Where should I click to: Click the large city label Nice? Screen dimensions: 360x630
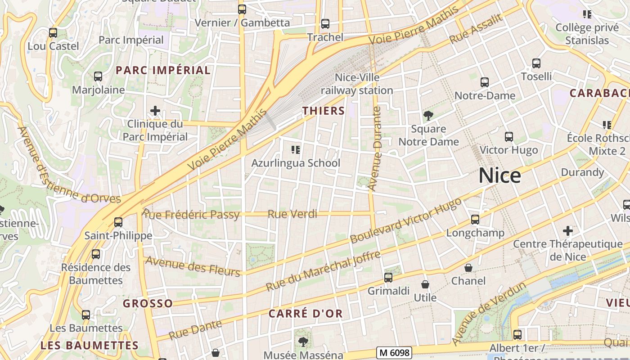(x=499, y=175)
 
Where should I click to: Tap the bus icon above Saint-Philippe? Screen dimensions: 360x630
(x=118, y=222)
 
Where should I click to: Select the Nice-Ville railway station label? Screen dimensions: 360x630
(x=357, y=84)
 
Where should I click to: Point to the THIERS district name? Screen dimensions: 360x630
(x=324, y=111)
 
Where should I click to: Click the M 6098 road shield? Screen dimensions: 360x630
(x=394, y=352)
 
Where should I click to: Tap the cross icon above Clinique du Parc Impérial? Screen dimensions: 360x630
(x=155, y=111)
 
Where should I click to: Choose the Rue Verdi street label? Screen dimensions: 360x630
(x=292, y=214)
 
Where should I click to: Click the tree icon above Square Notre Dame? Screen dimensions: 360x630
(x=428, y=116)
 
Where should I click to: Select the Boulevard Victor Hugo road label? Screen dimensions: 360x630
(x=406, y=220)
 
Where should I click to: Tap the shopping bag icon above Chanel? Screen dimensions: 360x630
(x=468, y=268)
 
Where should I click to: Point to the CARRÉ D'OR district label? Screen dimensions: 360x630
(x=306, y=314)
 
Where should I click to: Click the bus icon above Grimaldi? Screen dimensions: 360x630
(x=388, y=278)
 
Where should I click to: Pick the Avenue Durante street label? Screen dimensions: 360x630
(x=375, y=148)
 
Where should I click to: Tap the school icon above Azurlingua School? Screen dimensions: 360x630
(x=296, y=149)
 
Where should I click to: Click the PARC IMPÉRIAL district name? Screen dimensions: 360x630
(x=163, y=70)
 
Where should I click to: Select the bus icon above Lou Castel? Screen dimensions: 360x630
(x=53, y=33)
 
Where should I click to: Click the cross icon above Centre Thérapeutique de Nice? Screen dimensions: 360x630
(x=568, y=231)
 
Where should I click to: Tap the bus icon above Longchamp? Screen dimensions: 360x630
(x=475, y=220)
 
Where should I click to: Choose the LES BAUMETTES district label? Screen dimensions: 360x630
(x=89, y=346)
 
